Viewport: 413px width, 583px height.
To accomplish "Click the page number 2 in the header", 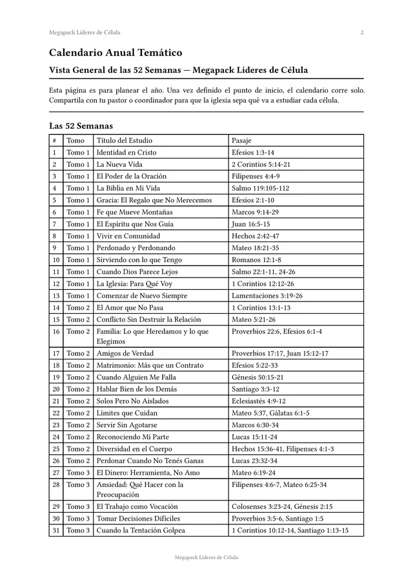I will (x=362, y=32).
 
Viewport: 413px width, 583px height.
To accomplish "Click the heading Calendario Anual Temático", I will (x=116, y=53).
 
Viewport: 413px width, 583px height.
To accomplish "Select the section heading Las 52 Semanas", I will (x=81, y=126).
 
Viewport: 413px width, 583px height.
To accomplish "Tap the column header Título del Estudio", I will (x=125, y=140).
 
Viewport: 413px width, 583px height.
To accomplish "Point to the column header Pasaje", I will (x=241, y=140).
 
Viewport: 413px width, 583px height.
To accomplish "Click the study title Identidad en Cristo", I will (x=126, y=153).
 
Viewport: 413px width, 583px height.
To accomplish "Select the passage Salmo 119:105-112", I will (x=260, y=188).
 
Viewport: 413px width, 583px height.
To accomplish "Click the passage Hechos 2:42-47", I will (x=255, y=236).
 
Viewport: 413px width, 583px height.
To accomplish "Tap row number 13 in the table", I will (x=56, y=296).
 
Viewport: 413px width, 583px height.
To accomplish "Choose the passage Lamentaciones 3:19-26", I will (x=267, y=296).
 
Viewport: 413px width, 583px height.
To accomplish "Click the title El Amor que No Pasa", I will (x=130, y=307).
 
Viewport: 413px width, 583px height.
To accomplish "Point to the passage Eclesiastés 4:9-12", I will (x=258, y=401).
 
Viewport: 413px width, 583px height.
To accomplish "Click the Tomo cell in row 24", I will (x=78, y=437).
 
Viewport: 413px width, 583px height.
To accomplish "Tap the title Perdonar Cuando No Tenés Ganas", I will (x=150, y=461).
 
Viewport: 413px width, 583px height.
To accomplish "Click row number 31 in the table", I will (x=56, y=530).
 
